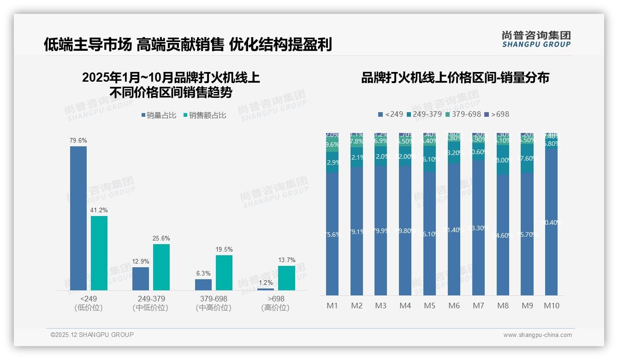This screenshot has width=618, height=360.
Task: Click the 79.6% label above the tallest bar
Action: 78,140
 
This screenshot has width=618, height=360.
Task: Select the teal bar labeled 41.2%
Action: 99,253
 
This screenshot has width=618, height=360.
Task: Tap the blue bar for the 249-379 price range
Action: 141,279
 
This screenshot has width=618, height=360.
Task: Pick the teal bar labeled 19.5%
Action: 224,273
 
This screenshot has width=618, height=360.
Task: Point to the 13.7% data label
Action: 287,260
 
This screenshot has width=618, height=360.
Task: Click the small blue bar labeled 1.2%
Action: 266,289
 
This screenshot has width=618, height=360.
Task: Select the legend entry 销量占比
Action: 159,115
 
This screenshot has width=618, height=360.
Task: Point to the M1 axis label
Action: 333,306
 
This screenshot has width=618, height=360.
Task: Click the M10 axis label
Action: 552,306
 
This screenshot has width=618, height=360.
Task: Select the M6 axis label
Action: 454,306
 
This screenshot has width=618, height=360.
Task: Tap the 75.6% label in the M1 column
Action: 333,234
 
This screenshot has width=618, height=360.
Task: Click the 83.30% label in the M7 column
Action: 478,228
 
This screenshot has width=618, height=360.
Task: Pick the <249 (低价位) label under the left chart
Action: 88,303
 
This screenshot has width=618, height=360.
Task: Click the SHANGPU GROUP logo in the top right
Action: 536,39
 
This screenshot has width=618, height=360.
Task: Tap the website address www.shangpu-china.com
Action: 537,335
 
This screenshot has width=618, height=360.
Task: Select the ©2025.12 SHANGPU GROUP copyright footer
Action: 92,335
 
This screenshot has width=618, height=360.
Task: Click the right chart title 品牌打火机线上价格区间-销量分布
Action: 455,78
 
